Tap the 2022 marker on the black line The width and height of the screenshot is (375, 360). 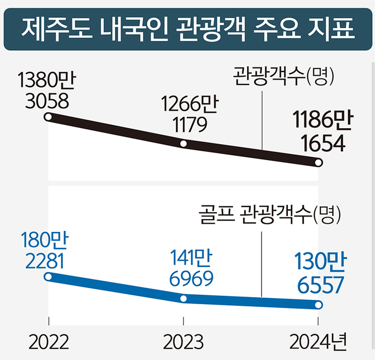49,117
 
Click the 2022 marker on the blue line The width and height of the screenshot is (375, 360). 49,276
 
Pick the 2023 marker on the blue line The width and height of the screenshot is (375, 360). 184,299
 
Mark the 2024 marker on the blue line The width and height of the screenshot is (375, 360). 319,305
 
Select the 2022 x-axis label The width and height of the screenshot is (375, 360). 49,342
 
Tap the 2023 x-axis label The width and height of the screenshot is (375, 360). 184,342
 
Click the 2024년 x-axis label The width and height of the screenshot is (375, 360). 319,342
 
